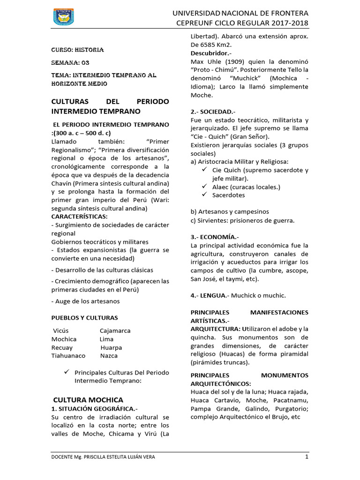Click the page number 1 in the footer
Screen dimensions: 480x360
307,457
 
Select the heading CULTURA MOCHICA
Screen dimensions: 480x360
88,400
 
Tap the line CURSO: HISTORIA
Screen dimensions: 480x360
77,49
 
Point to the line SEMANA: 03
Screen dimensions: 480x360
70,62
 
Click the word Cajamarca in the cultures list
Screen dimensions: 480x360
115,330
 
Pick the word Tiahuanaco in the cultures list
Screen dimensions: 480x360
68,356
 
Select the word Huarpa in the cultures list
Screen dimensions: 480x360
111,347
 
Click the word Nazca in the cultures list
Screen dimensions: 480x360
109,356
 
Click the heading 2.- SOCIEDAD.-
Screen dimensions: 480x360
213,112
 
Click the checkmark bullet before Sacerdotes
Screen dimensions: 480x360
204,195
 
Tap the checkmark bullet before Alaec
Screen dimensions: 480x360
204,187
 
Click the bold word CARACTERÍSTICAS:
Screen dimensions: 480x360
79,217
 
